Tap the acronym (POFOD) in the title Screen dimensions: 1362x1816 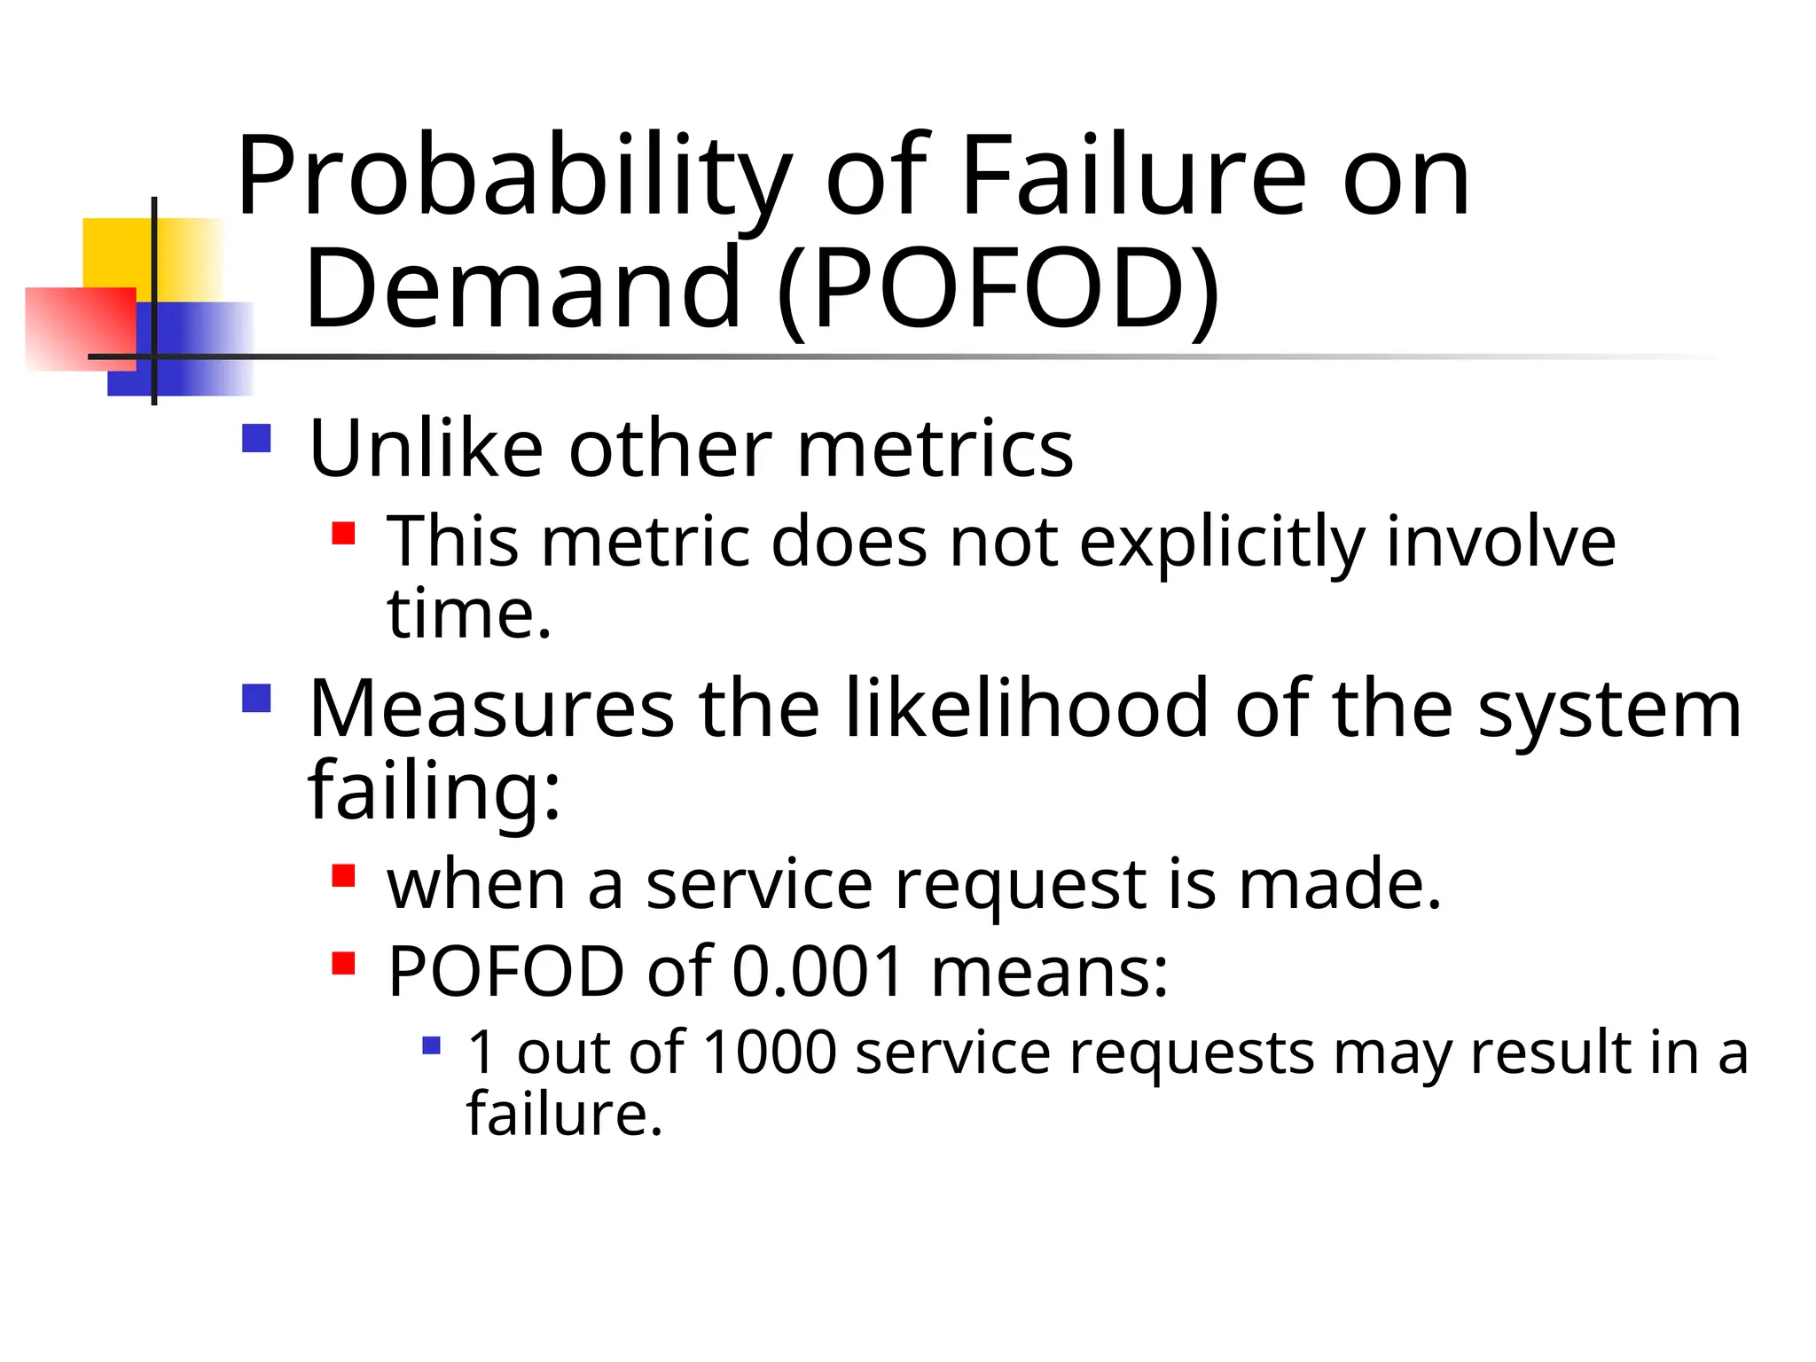tap(998, 289)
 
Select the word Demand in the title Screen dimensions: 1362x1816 tap(523, 287)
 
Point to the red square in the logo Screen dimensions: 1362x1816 tap(81, 327)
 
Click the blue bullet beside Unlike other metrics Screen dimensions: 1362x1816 tap(256, 438)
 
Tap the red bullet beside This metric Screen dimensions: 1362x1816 tap(343, 533)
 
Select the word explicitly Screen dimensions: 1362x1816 tap(1222, 542)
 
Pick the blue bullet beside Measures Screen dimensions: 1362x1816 tap(256, 698)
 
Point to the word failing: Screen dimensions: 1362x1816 tap(434, 789)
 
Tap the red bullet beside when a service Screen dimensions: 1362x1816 tap(343, 876)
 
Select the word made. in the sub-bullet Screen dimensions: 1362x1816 tap(1340, 884)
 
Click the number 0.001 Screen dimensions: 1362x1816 tap(818, 971)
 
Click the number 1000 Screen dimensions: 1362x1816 tap(770, 1053)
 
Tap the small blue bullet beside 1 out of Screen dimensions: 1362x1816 tap(432, 1045)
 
